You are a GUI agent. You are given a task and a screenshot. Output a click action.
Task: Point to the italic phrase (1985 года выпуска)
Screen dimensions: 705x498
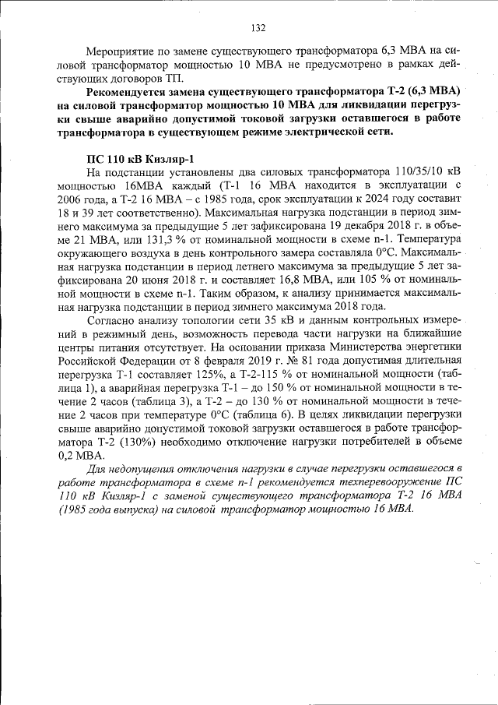pos(124,511)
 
